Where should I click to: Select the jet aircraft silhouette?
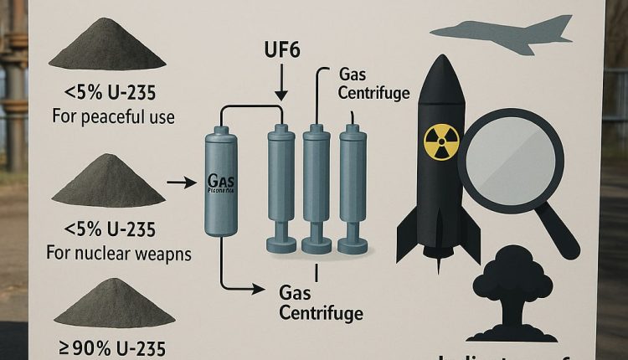pyautogui.click(x=502, y=34)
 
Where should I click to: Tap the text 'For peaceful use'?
pyautogui.click(x=113, y=116)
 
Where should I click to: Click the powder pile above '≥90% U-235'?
pyautogui.click(x=114, y=303)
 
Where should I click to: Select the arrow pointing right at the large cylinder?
pyautogui.click(x=181, y=181)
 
